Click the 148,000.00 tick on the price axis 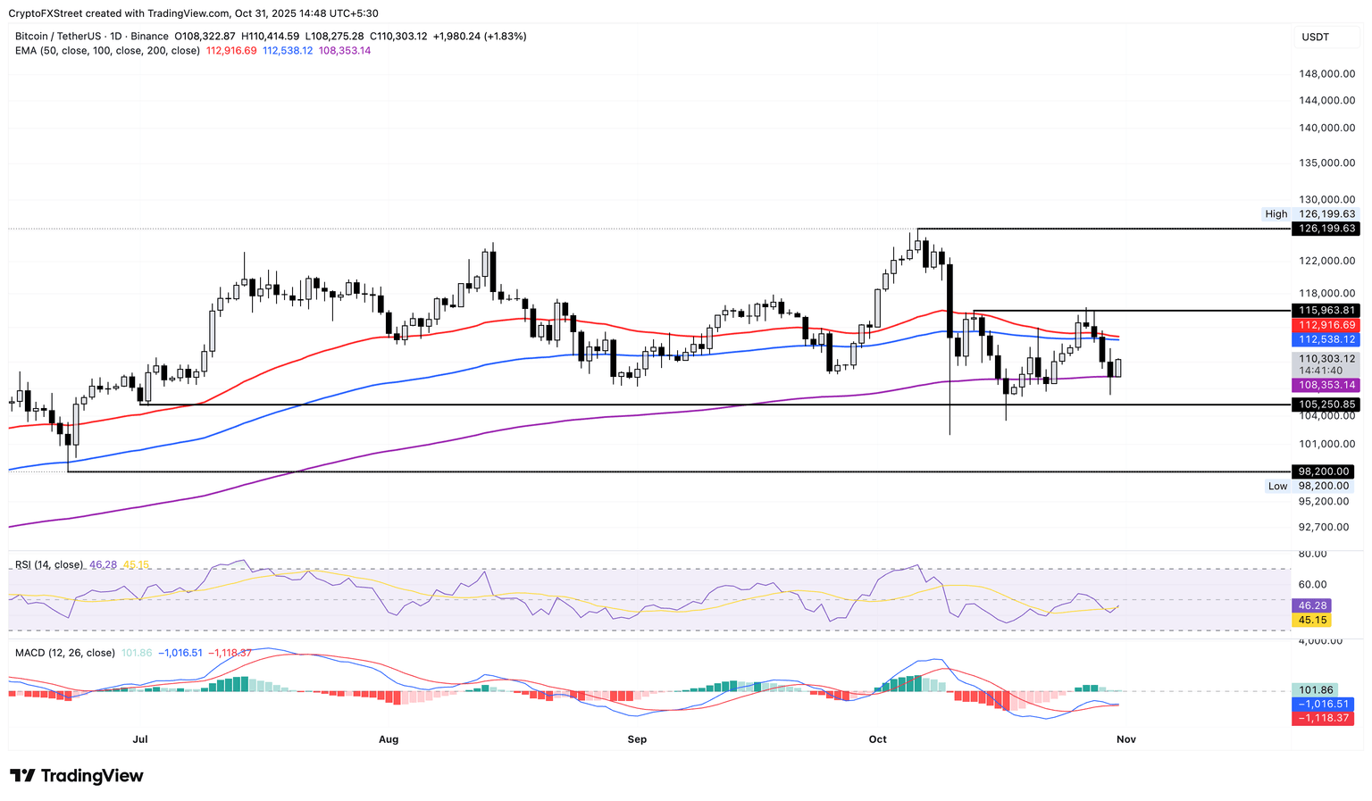[x=1326, y=73]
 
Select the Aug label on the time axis [x=389, y=739]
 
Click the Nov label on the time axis [x=1125, y=739]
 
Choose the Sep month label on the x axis [x=637, y=739]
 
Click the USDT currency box [x=1316, y=37]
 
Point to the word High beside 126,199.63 [x=1276, y=214]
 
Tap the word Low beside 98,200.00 [x=1278, y=486]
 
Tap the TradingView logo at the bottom [x=77, y=776]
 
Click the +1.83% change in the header [x=505, y=37]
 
